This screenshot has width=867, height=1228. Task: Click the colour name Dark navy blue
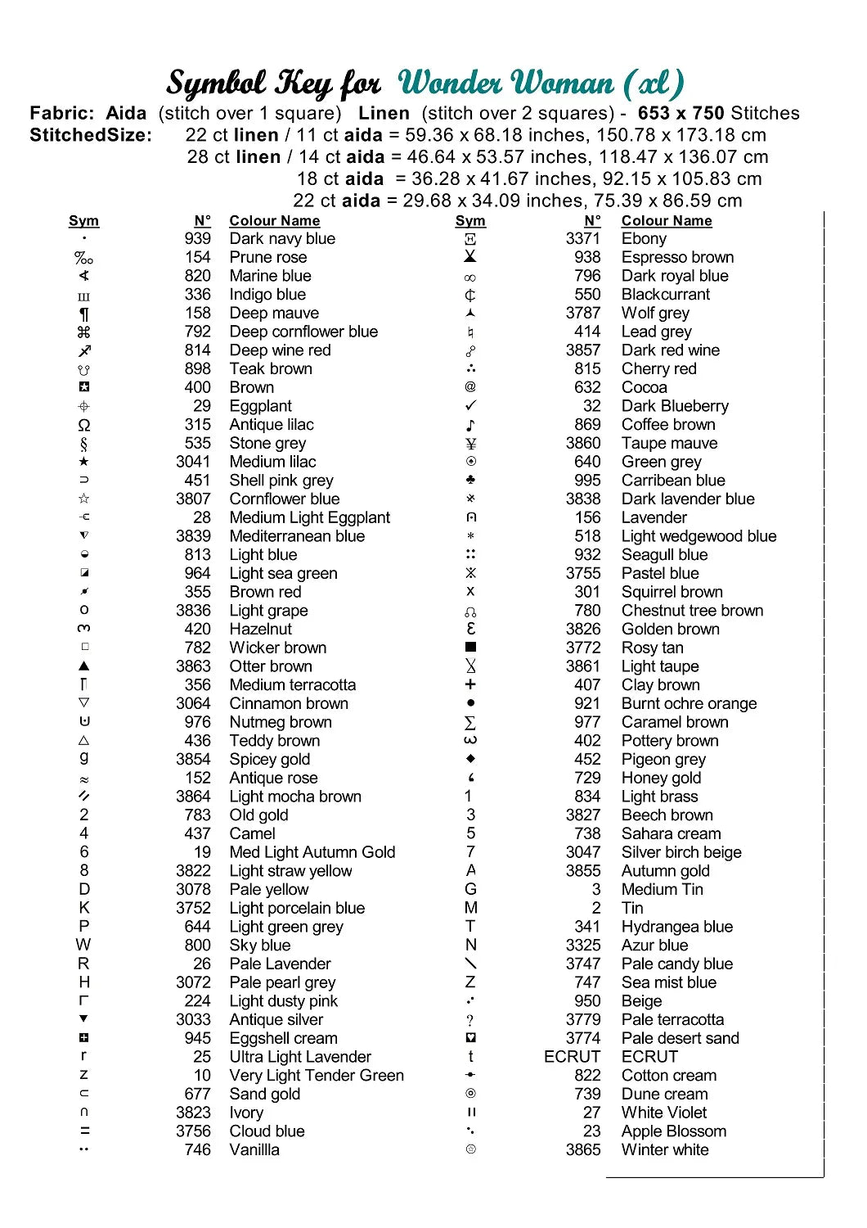coord(282,239)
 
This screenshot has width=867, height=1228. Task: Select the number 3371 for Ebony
coord(582,239)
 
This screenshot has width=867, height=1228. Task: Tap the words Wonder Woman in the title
coord(505,83)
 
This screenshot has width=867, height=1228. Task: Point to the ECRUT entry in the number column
coord(572,1057)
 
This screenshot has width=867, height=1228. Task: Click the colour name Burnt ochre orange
coord(689,704)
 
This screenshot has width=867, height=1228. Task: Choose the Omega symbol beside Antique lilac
coord(84,425)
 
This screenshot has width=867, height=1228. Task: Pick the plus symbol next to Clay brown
coord(470,684)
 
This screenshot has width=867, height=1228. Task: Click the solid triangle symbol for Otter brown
coord(84,666)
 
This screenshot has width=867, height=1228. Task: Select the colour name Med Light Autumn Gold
coord(312,852)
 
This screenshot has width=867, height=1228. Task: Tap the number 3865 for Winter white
coord(582,1149)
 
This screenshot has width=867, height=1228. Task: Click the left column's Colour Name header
coord(274,221)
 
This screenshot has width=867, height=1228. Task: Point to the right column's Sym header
coord(470,221)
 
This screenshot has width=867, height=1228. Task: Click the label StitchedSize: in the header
coord(91,135)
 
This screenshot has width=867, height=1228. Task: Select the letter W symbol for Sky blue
coord(83,945)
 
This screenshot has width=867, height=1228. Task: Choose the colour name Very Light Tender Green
coord(317,1076)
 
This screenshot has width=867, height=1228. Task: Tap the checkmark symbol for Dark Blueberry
coord(470,406)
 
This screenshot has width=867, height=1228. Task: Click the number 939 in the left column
coord(197,239)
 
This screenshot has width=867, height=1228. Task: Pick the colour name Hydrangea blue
coord(676,927)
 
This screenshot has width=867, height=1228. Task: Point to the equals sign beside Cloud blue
coord(84,1131)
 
